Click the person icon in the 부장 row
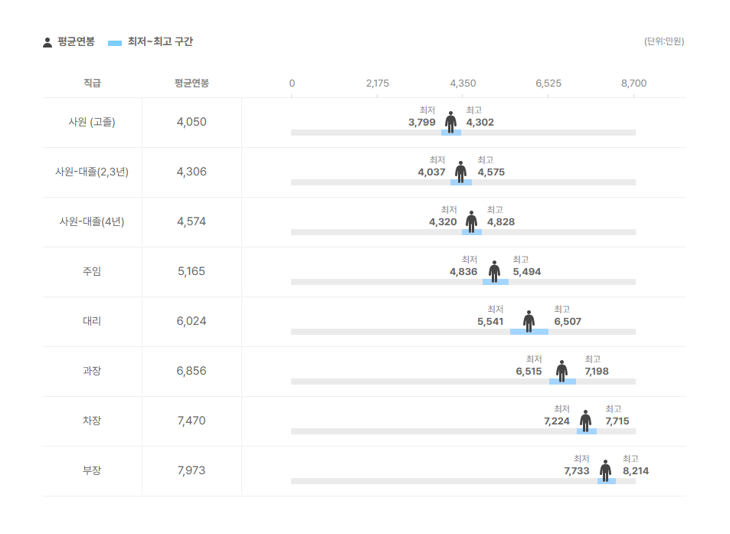605,470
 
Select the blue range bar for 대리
529,332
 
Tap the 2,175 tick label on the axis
378,83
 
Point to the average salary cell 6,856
192,371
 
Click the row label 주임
92,271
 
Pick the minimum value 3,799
422,122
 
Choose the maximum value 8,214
636,470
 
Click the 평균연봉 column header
192,83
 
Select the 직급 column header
92,83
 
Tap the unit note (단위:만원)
664,41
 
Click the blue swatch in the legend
115,42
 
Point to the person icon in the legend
47,42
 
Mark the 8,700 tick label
633,83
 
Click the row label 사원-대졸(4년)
92,221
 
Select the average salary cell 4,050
192,122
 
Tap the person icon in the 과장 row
561,370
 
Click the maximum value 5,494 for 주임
527,271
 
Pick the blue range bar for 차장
587,431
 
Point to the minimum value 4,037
431,172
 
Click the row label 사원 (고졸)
92,122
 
